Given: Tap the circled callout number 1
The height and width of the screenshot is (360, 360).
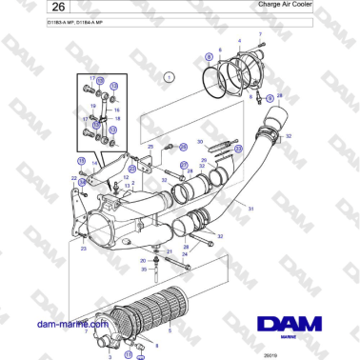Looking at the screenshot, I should click(x=169, y=74).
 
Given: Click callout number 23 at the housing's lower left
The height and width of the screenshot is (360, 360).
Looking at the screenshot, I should click(x=83, y=249).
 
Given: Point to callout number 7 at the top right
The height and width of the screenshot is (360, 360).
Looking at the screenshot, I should click(x=260, y=33).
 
